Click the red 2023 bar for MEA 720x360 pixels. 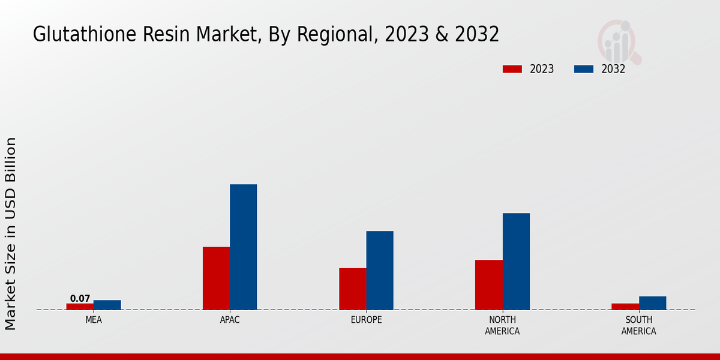pos(80,307)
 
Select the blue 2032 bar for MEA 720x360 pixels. pos(107,305)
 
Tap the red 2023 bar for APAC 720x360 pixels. pos(216,278)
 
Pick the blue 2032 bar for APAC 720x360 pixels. pos(243,247)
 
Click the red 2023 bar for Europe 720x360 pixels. pos(353,289)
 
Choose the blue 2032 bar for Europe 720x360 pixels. pos(380,271)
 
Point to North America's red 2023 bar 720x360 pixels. pos(489,285)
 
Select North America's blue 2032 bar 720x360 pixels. pos(516,262)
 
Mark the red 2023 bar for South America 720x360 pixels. pos(625,307)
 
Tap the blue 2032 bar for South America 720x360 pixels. pos(652,303)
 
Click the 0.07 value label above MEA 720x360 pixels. pos(80,299)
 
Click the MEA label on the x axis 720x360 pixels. pos(94,320)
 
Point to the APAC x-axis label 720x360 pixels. pos(230,320)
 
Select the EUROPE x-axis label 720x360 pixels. pos(366,320)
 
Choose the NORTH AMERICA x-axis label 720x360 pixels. pos(502,325)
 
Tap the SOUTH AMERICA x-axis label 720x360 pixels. pos(638,325)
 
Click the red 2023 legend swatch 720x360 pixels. pos(512,69)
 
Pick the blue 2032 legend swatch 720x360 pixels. pos(584,69)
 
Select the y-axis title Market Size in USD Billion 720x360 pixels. pos(11,234)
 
